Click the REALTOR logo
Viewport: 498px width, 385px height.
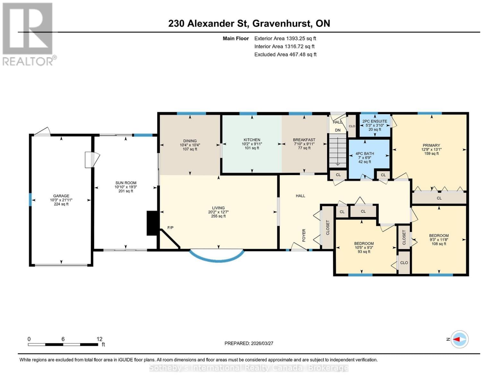click(x=28, y=34)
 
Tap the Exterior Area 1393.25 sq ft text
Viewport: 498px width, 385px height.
click(x=285, y=38)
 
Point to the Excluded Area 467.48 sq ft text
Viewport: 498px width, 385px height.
click(x=285, y=55)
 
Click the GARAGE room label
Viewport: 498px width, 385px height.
click(x=61, y=196)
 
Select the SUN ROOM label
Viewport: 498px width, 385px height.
click(x=126, y=183)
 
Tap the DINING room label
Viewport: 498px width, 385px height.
click(x=190, y=141)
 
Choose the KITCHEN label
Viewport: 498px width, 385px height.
click(x=252, y=140)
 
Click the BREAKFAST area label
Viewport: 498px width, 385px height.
click(x=304, y=140)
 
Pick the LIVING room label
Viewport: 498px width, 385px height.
click(x=218, y=208)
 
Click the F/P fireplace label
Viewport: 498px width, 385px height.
click(x=170, y=228)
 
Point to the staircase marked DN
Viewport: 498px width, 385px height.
click(x=338, y=151)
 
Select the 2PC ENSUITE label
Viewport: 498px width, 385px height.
click(x=375, y=121)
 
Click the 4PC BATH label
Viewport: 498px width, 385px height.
click(x=365, y=154)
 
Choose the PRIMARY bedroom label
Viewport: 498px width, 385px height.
click(x=431, y=145)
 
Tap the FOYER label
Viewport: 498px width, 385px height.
click(x=304, y=235)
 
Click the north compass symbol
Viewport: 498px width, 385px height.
click(x=460, y=339)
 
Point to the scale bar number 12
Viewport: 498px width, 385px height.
click(x=99, y=339)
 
